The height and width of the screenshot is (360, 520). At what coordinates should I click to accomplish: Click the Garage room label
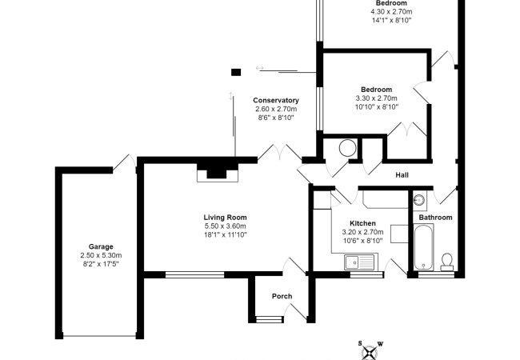101,246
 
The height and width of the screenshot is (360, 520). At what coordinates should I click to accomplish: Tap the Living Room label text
225,217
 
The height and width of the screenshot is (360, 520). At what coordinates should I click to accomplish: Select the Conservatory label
276,100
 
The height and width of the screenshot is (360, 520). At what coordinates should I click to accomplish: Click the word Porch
282,297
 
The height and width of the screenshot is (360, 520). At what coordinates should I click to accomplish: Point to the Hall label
403,177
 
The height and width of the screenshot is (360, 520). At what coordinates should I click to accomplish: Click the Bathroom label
436,218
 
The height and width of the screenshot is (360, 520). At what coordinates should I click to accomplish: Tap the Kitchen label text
362,223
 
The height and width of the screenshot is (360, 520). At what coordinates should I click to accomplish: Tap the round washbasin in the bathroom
421,200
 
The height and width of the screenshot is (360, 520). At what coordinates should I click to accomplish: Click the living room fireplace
217,171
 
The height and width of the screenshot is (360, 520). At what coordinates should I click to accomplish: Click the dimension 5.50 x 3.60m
225,226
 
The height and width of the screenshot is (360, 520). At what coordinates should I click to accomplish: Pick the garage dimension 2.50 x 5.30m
101,255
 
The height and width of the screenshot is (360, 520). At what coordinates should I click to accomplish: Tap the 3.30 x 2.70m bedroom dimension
376,98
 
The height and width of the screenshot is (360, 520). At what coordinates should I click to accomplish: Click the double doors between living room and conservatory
278,152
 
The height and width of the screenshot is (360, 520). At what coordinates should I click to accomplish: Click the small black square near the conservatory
235,72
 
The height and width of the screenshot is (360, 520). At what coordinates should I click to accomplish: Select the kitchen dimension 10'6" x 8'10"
362,240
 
